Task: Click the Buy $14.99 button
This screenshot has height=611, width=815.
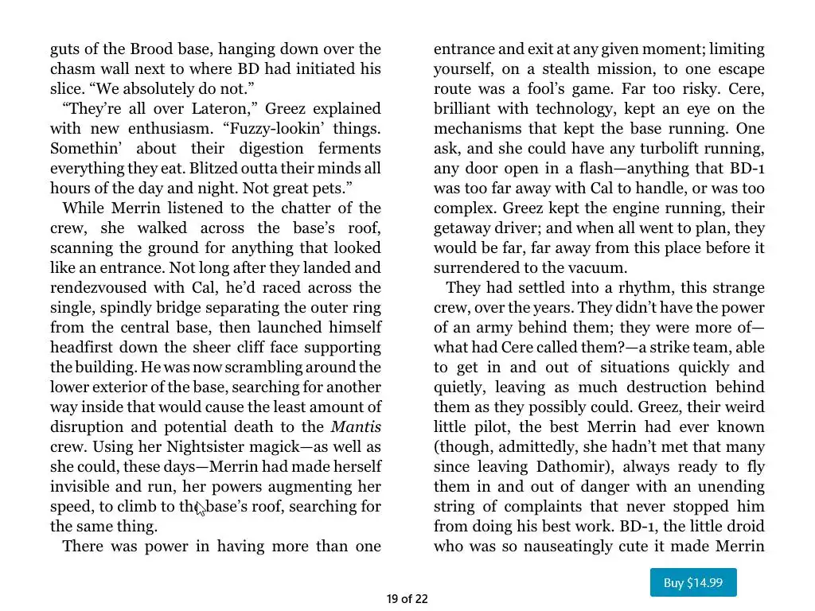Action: [693, 582]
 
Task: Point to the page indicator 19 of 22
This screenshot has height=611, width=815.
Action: [407, 599]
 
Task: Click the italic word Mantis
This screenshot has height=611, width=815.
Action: [356, 427]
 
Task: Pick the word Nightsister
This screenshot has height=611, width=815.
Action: [207, 447]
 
